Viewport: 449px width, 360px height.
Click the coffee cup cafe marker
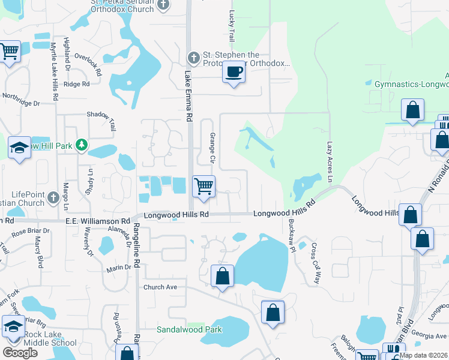coord(234,73)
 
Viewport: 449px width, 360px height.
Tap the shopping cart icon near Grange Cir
coord(203,186)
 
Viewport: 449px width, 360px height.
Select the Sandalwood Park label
coord(189,329)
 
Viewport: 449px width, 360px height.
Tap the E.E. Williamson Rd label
coord(97,221)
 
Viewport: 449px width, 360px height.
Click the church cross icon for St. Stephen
coord(193,58)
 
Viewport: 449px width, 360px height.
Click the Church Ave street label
coord(160,287)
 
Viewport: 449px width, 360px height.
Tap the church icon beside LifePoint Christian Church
coord(53,196)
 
